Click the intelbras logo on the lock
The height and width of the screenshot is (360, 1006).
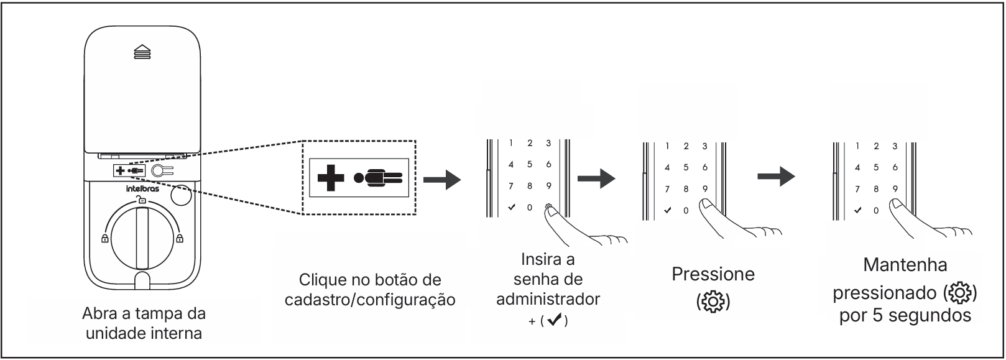click(142, 188)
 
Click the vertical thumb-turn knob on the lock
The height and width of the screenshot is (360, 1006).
click(142, 237)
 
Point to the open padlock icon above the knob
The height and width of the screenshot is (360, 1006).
click(142, 200)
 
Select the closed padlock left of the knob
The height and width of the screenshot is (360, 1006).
click(104, 238)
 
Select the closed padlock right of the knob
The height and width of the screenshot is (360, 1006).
click(180, 238)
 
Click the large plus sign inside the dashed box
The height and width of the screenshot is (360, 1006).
click(331, 177)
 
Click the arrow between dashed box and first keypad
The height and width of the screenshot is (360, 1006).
click(442, 180)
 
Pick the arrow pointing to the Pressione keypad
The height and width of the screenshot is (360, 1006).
click(596, 179)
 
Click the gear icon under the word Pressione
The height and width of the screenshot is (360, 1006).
click(713, 300)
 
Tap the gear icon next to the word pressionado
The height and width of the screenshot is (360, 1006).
click(961, 292)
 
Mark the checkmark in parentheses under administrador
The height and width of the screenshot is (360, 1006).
click(553, 321)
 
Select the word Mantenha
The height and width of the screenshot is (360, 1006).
click(905, 265)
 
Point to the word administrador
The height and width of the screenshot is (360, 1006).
click(548, 299)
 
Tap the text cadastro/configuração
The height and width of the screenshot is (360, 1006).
click(370, 300)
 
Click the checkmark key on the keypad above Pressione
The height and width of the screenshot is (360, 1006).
click(667, 210)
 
